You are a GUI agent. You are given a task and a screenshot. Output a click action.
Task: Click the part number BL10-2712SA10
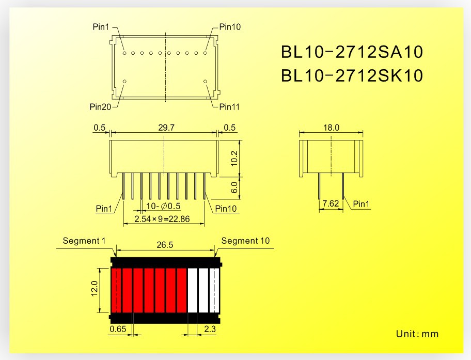click(352, 52)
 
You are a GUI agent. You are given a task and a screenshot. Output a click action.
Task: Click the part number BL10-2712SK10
click(352, 76)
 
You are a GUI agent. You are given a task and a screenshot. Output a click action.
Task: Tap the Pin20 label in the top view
click(100, 107)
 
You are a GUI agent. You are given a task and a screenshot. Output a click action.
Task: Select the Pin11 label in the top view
click(229, 107)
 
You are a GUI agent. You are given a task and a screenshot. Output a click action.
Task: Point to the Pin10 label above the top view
click(229, 27)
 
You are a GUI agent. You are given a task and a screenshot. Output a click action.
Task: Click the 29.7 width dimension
click(163, 128)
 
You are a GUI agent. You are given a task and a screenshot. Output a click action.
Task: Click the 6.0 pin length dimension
click(235, 187)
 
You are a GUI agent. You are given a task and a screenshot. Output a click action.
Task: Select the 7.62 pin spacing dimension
click(331, 205)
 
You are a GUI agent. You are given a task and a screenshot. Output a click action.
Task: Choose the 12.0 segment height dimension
click(95, 290)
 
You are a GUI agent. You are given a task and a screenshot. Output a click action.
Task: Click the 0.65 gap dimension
click(118, 328)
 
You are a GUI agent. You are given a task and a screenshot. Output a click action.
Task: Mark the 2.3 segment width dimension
click(210, 328)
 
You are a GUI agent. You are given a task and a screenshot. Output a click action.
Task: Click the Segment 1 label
click(84, 241)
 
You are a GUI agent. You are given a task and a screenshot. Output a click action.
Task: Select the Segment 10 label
click(245, 241)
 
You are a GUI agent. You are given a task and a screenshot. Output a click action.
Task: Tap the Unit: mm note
click(417, 334)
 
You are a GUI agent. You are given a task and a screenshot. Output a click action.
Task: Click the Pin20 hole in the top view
click(124, 82)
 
